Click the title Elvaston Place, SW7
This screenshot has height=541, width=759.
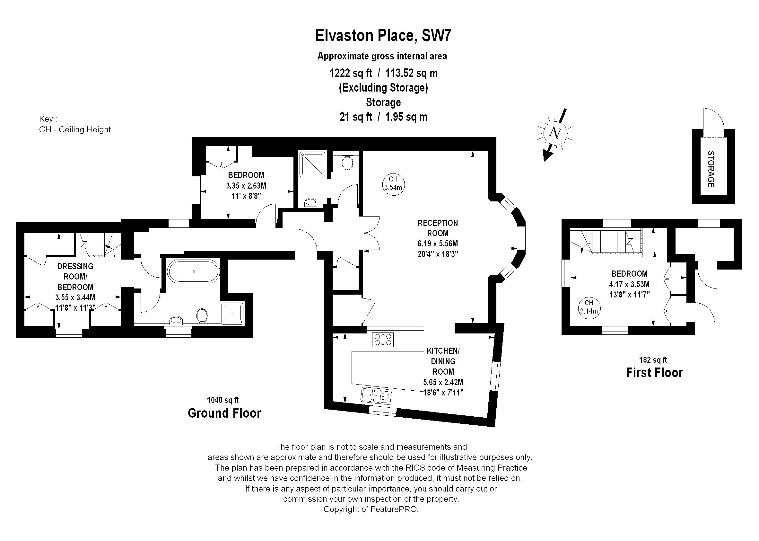point(383,36)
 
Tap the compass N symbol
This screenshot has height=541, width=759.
point(554,133)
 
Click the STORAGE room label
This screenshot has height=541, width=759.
point(711,169)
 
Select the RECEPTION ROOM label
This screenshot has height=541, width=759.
point(438,228)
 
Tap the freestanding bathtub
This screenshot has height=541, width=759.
point(193,271)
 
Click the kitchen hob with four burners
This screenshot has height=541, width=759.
point(383,340)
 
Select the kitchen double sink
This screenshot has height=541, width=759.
point(376,396)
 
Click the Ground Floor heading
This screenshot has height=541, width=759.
point(224,413)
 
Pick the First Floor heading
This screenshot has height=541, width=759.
point(654,372)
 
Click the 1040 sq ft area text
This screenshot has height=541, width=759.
point(223,400)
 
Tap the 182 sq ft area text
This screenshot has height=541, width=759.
point(653,360)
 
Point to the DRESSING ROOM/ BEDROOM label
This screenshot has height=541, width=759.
point(75,277)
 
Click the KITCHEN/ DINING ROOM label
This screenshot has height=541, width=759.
point(443,361)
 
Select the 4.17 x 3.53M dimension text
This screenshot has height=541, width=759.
point(630,284)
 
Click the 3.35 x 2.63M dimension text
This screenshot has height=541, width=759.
point(246,186)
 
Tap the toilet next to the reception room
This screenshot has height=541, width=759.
point(347,163)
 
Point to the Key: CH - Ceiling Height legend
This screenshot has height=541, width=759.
point(75,124)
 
